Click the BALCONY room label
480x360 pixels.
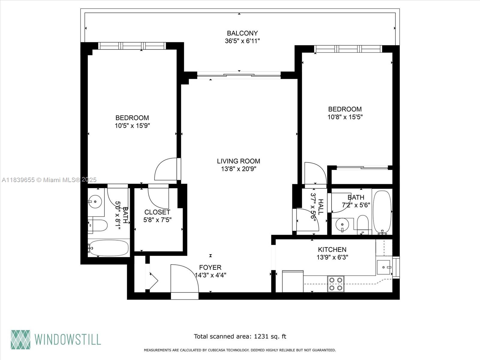tap(242, 33)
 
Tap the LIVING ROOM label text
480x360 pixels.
tap(238, 161)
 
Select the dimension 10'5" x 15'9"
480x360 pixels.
tap(132, 126)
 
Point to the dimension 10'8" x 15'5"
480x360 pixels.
tap(345, 117)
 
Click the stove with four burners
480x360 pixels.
tap(336, 284)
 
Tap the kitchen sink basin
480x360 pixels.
tap(383, 267)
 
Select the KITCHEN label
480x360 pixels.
tap(332, 249)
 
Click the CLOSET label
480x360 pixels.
tap(157, 212)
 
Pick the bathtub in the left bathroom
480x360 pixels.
tap(108, 248)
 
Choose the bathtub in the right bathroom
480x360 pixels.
tap(382, 212)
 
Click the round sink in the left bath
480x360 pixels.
tap(95, 202)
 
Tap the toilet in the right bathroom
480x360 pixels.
tap(363, 225)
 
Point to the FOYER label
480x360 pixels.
tap(210, 267)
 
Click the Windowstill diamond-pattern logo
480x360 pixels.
tap(21, 340)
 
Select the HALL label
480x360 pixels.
tap(321, 207)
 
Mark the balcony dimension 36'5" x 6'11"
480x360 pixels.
tap(242, 41)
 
